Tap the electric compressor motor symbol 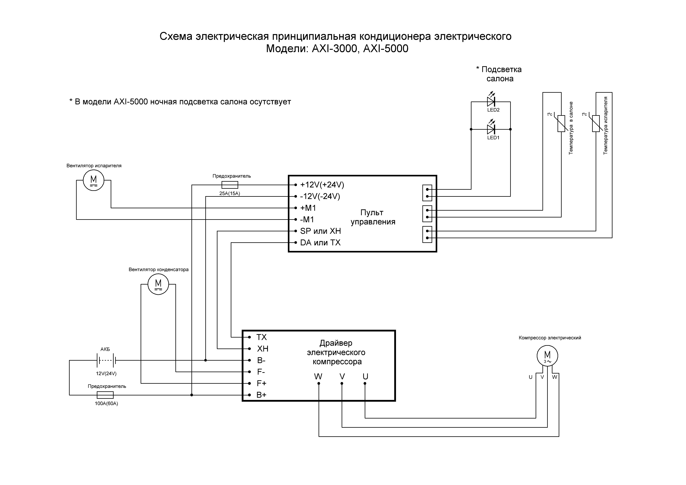point(547,356)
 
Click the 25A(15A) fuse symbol point(230,185)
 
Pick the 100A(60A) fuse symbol point(105,395)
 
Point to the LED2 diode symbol point(491,102)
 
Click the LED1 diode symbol point(491,129)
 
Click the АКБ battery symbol point(106,361)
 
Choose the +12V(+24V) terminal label point(322,185)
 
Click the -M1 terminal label point(307,220)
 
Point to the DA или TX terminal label point(320,243)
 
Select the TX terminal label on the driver point(261,337)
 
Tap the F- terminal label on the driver point(261,372)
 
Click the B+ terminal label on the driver point(261,395)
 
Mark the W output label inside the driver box point(318,376)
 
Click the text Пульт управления point(373,217)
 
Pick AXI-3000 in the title point(334,49)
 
